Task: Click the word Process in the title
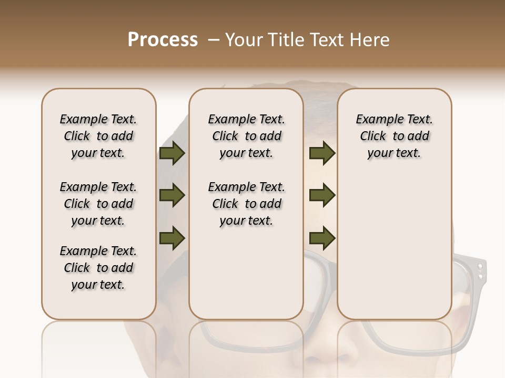point(163,40)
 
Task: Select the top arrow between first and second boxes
point(171,153)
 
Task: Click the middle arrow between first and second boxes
point(171,196)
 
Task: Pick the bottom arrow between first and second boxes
point(171,238)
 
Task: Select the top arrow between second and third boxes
point(322,153)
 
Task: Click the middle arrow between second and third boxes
point(322,196)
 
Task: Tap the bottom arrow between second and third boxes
point(322,238)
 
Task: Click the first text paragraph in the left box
point(98,136)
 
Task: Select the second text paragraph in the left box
point(98,204)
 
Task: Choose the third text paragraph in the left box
point(98,268)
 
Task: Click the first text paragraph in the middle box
point(246,136)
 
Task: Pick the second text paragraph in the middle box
point(246,204)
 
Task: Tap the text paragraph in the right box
point(394,136)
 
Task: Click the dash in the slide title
point(213,40)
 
